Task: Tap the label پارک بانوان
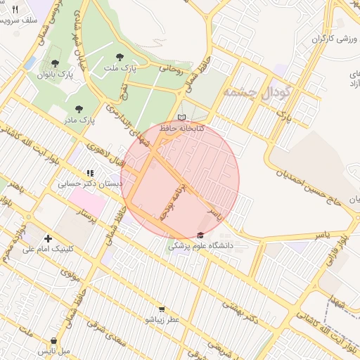click(56, 73)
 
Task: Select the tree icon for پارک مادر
click(78, 109)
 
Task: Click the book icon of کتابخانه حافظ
click(182, 117)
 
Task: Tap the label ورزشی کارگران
click(326, 38)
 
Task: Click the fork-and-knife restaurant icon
click(15, 9)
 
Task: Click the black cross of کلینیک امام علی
click(48, 238)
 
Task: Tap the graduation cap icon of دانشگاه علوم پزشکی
click(201, 235)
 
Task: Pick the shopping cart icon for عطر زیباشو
click(162, 309)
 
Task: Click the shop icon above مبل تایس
click(53, 340)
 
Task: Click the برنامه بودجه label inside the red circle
click(174, 204)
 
